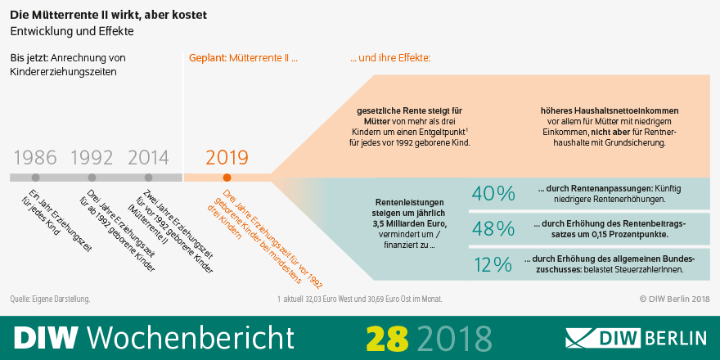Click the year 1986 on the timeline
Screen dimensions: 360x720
tap(35, 157)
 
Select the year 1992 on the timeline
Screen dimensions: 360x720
tap(92, 157)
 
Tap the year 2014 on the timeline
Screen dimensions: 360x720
tap(148, 157)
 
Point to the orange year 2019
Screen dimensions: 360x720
tap(227, 157)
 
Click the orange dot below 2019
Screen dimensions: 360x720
tap(227, 177)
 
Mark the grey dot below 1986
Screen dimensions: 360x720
tap(35, 177)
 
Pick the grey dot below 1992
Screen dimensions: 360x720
tap(92, 177)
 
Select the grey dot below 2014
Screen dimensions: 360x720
tap(148, 177)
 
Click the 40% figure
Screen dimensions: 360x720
tap(493, 194)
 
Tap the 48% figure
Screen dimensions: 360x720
tap(493, 228)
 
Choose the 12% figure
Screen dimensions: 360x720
tap(493, 263)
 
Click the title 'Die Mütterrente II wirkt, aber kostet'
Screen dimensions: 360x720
tap(109, 14)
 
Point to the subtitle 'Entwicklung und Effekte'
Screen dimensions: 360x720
tap(71, 31)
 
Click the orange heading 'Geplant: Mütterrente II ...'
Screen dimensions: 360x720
tap(243, 58)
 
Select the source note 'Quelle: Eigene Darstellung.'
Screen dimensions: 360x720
tap(50, 299)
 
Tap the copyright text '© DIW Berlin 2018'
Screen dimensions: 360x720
tap(673, 299)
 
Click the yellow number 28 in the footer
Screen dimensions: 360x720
tap(386, 337)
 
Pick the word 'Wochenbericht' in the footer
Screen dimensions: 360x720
tap(190, 337)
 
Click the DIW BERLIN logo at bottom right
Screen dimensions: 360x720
tap(636, 337)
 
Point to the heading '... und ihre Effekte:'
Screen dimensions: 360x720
tap(390, 58)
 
